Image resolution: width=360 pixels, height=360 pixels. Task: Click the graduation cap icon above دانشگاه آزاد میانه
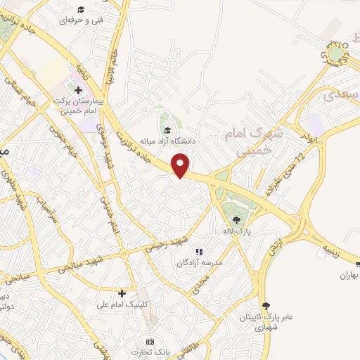(x=167, y=130)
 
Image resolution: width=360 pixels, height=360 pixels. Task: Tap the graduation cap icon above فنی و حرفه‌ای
(x=81, y=9)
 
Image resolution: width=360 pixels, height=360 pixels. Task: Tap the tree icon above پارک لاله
(x=246, y=219)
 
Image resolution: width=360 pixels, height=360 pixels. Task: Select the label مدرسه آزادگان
(x=198, y=262)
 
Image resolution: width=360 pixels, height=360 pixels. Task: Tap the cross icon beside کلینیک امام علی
(x=122, y=292)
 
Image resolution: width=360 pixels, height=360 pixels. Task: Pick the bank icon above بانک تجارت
(x=149, y=341)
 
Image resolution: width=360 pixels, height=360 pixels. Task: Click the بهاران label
(x=346, y=276)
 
